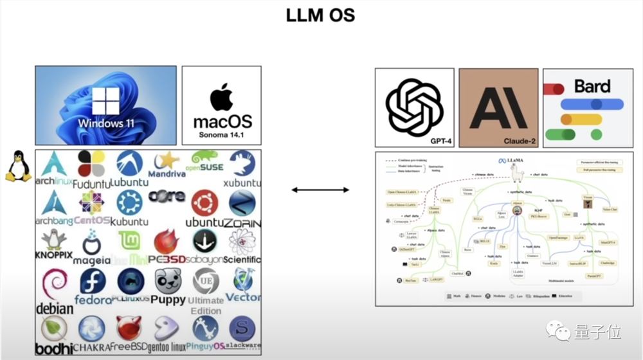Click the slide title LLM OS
(x=320, y=15)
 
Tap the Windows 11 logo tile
(x=105, y=105)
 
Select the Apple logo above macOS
(x=222, y=97)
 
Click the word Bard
(x=592, y=86)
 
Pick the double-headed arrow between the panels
(x=320, y=190)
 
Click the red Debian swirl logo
(x=53, y=285)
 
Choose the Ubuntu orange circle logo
(x=204, y=203)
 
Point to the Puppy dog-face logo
(x=168, y=281)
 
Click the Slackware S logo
(x=242, y=328)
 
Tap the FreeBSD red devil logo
(x=130, y=328)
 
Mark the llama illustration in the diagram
(x=516, y=172)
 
